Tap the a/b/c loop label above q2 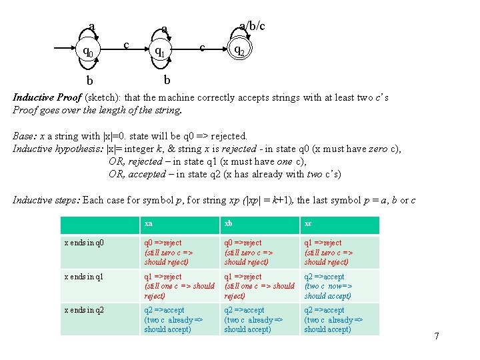pos(252,26)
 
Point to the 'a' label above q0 pos(91,27)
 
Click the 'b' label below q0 pos(89,81)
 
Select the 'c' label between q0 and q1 pos(127,44)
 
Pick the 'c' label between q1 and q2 pos(202,47)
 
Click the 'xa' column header pos(149,223)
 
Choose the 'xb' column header pos(229,223)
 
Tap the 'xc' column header pos(308,223)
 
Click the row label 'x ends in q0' pos(84,243)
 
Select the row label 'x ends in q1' pos(84,277)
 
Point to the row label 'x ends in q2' pos(84,310)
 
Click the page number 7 pos(437,336)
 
